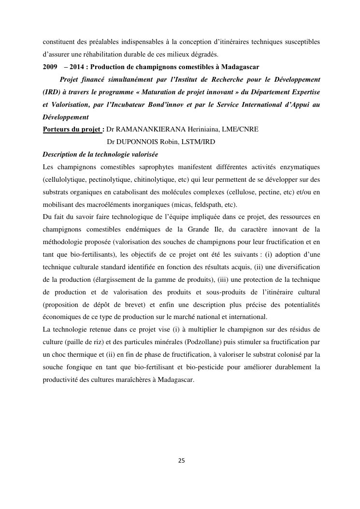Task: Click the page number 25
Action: [181, 461]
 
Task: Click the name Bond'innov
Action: [172, 104]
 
